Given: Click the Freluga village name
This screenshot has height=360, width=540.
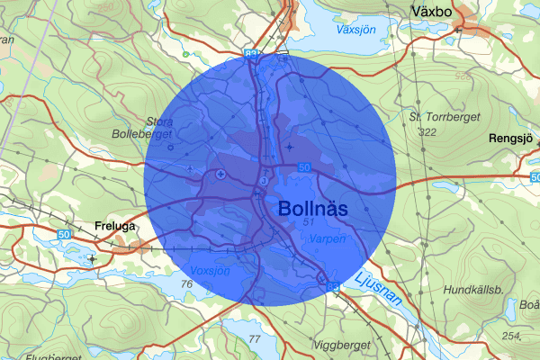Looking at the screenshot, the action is coord(116,227).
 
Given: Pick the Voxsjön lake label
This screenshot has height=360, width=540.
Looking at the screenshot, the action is coord(210,269).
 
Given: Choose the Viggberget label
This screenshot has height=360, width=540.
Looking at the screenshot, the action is coord(342,344).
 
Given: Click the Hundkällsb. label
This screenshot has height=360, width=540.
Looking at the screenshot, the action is coord(472,290).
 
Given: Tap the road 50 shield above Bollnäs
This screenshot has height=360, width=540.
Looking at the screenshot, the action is coord(304,167).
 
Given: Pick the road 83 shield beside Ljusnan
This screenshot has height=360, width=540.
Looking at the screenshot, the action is coord(334,287).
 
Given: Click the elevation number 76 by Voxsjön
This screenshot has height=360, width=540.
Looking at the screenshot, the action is coord(187,284).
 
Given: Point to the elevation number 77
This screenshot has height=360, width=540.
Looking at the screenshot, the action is coord(254,339).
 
